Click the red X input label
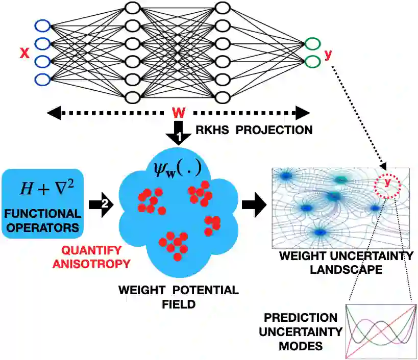coord(23,53)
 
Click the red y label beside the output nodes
coord(328,53)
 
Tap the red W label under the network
coord(179,112)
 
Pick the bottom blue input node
coord(42,79)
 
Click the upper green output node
coord(311,44)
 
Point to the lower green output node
coord(311,62)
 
